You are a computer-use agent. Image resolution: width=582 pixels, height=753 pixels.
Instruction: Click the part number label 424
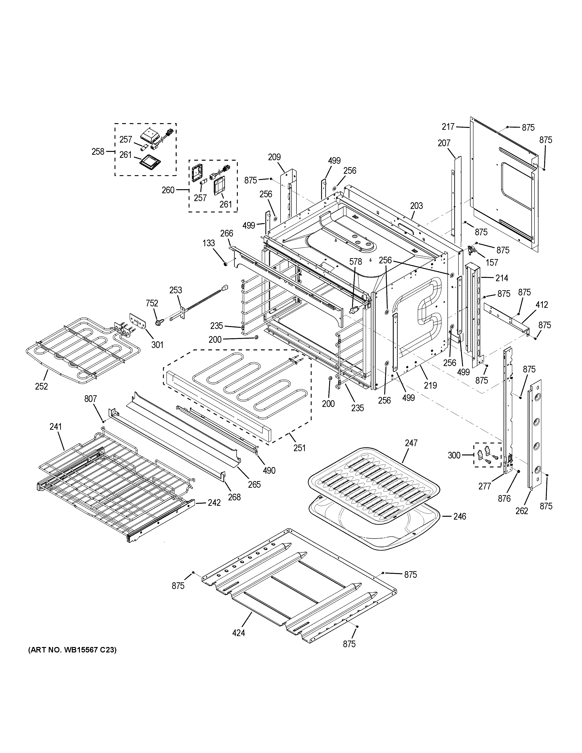click(239, 633)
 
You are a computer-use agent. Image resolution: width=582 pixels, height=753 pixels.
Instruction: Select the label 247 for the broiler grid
click(411, 443)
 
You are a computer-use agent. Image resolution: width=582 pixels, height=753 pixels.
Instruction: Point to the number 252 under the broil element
click(41, 386)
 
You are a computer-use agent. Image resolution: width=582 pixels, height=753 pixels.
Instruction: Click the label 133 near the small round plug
click(209, 243)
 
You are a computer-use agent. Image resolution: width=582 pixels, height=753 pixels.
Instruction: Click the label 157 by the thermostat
click(492, 262)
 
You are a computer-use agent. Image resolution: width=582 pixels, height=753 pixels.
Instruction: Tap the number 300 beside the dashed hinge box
click(454, 455)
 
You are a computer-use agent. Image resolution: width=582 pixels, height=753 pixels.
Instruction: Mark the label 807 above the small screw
click(91, 399)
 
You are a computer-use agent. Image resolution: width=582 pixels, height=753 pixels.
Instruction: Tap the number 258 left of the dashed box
click(98, 151)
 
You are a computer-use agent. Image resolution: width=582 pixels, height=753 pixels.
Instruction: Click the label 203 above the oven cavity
click(417, 206)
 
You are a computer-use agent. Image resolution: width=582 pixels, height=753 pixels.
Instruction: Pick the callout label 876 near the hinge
click(504, 498)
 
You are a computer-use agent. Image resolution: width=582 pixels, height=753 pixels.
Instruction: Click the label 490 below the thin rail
click(269, 470)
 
